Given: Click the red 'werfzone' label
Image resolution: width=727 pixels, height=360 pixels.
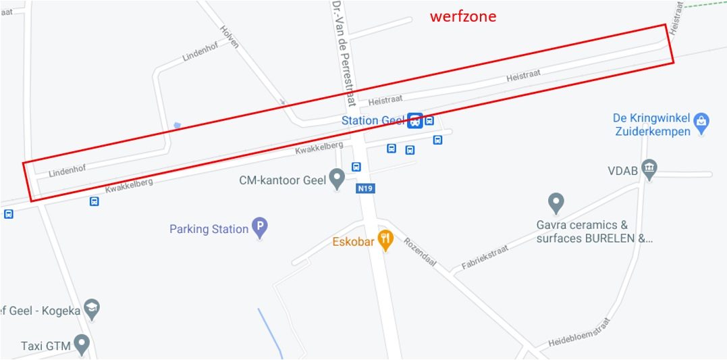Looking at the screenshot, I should [x=463, y=16].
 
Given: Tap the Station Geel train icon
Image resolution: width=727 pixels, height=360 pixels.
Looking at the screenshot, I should [x=414, y=121].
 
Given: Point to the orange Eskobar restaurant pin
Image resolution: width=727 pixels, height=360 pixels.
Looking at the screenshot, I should [x=385, y=240].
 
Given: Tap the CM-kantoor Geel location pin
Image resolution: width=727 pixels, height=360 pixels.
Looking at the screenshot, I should [x=337, y=180].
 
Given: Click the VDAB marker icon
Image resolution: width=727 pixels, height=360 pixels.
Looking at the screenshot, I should [x=649, y=170].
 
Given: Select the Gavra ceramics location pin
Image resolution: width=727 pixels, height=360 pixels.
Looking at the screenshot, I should [x=556, y=202].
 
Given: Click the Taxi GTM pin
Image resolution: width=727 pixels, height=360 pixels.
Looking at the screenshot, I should [x=82, y=344].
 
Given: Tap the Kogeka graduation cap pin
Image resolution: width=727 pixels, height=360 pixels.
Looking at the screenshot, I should [x=92, y=309].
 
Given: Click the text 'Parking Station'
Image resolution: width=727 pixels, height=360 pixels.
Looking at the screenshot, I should [x=209, y=229].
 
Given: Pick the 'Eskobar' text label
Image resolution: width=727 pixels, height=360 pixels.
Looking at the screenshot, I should [x=353, y=241].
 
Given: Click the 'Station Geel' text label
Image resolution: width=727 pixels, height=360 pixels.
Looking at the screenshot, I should [x=373, y=121].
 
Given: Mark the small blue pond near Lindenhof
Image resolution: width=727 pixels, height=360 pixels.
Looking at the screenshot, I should [x=177, y=126].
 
